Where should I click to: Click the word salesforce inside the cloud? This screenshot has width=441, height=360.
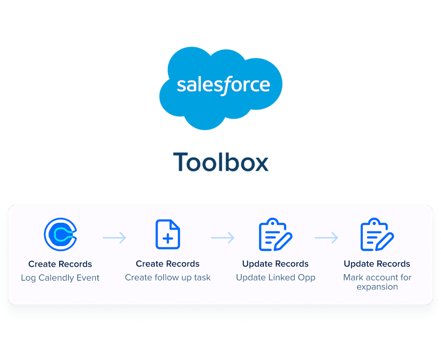[223, 85]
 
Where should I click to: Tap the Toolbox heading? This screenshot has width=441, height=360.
[221, 162]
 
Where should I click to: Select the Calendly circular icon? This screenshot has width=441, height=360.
[60, 235]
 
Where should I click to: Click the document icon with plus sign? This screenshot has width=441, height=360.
[168, 235]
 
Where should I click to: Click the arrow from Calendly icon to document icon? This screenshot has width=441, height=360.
[114, 238]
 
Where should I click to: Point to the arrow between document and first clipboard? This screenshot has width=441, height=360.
[223, 238]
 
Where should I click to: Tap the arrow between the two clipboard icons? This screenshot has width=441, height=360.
[326, 238]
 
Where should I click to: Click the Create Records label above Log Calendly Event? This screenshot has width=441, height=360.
[60, 264]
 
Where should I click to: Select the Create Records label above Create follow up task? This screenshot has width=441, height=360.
[168, 264]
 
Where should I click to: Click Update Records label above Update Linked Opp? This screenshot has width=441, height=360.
[275, 264]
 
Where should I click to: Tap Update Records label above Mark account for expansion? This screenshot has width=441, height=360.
[377, 264]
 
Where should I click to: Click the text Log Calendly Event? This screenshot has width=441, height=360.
[60, 278]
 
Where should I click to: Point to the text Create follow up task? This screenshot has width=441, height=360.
[168, 278]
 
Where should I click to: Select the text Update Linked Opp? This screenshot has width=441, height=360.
[276, 278]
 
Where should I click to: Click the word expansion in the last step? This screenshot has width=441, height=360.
[377, 287]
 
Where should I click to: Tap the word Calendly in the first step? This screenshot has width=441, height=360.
[57, 278]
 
